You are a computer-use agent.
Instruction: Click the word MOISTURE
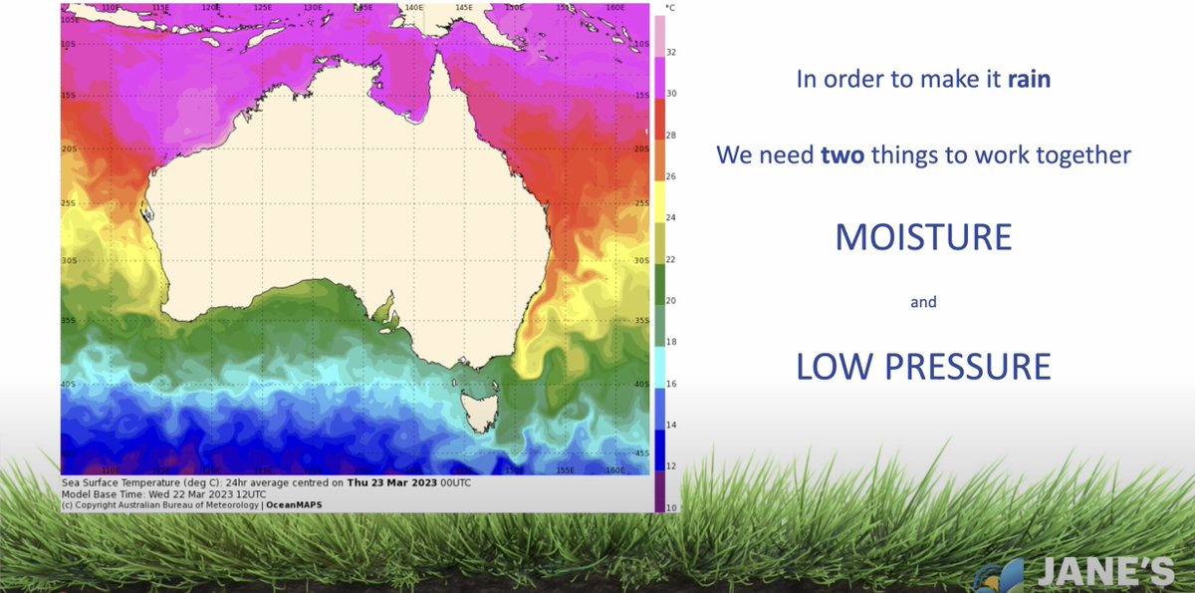click(x=923, y=237)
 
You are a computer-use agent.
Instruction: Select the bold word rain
click(x=1029, y=80)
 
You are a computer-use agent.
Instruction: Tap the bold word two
click(x=842, y=155)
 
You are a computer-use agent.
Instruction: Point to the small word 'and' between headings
click(x=923, y=302)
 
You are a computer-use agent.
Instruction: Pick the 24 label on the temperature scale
click(x=671, y=217)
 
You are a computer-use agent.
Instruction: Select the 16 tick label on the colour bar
click(x=671, y=383)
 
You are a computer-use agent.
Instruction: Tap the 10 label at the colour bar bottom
click(x=671, y=507)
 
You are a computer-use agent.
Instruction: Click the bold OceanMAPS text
click(x=294, y=504)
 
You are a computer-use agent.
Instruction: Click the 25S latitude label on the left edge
click(x=68, y=202)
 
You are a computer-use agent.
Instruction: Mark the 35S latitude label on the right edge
click(x=641, y=321)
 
